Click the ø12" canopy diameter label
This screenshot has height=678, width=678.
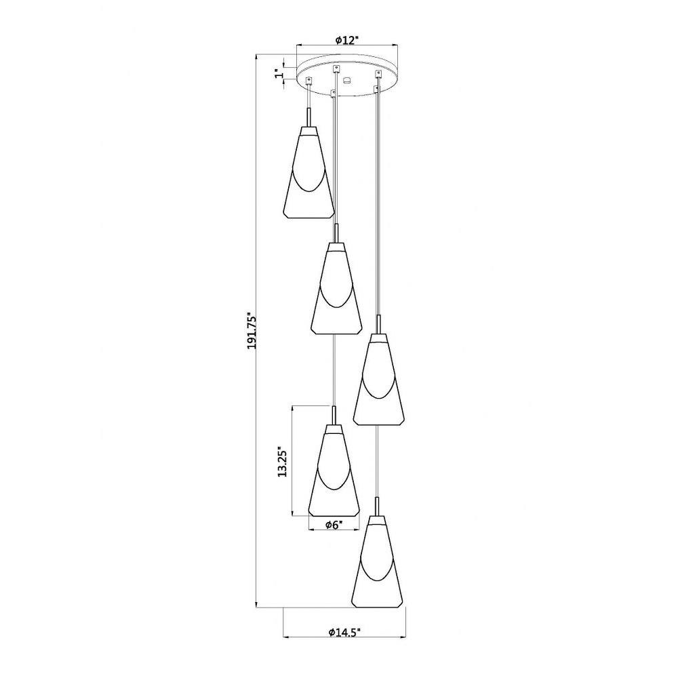click(x=347, y=40)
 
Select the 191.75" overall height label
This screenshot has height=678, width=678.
click(x=252, y=331)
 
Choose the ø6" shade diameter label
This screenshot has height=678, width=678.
click(x=334, y=525)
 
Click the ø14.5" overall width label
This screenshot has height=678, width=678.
click(x=344, y=632)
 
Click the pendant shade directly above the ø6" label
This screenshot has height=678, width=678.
click(x=334, y=470)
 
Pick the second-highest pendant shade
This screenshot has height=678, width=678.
click(x=336, y=288)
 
